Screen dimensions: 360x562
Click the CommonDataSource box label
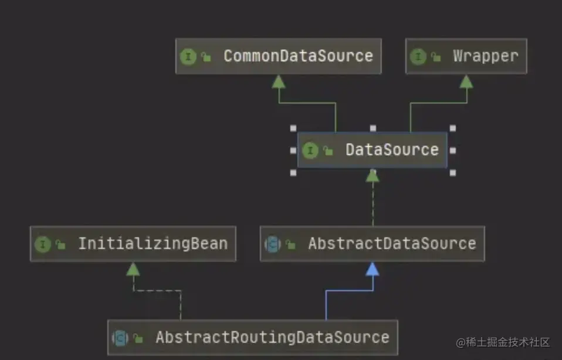[298, 56]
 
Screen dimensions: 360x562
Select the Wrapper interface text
[485, 56]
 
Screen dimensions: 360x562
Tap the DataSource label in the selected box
[391, 150]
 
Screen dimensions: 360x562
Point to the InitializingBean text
[153, 244]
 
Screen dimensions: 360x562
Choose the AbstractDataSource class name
[392, 244]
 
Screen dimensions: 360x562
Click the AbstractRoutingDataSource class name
[272, 338]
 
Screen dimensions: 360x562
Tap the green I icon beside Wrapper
[418, 57]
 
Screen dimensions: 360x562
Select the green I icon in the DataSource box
[310, 151]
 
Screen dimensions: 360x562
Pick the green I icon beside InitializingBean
[43, 244]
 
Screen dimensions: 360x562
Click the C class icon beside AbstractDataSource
[273, 244]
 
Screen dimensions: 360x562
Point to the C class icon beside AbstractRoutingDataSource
[120, 338]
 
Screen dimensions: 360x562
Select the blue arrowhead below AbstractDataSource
[373, 269]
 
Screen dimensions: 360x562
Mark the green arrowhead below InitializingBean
[133, 269]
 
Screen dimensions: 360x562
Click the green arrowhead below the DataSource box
[373, 175]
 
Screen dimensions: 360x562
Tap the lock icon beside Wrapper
[435, 57]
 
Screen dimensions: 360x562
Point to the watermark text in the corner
[503, 342]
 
